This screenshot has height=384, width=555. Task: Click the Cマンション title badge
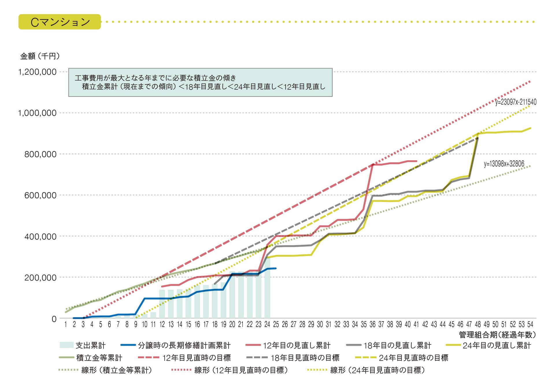(x=60, y=22)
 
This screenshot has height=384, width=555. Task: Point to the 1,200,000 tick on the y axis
(x=37, y=72)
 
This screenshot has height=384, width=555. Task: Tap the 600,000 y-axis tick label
(x=40, y=195)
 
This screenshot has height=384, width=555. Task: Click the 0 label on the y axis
(x=54, y=319)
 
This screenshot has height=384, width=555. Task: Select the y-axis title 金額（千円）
(x=40, y=56)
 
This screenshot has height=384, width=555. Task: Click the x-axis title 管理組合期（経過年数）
(x=497, y=335)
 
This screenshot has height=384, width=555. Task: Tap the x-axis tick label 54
(x=530, y=324)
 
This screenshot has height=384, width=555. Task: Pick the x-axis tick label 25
(x=276, y=324)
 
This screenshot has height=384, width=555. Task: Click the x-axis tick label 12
(x=162, y=324)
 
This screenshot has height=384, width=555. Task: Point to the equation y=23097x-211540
(x=516, y=102)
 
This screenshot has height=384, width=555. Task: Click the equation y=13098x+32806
(x=504, y=164)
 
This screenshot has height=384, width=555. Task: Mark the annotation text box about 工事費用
(x=200, y=82)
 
